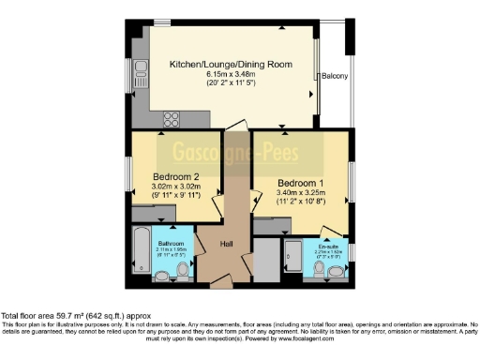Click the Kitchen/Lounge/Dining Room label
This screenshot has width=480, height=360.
(x=230, y=65)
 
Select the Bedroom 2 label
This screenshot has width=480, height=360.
(x=176, y=176)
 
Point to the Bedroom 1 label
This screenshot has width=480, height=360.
(x=300, y=183)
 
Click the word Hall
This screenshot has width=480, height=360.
(x=227, y=245)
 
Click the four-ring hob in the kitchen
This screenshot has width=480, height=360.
(x=172, y=118)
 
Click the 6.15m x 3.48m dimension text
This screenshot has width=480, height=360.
(x=230, y=74)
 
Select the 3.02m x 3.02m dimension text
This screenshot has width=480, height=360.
(x=176, y=186)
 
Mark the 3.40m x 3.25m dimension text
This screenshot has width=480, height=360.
(x=300, y=192)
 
